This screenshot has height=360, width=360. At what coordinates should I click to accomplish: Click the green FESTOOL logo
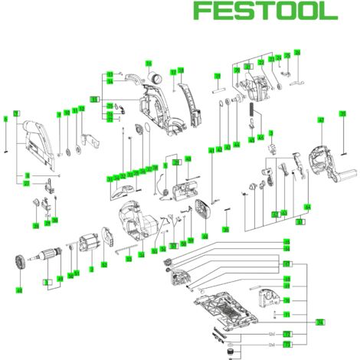pos(264,11)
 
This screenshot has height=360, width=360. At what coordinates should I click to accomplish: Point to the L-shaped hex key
pos(120,250)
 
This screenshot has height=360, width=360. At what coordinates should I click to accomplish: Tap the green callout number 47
pos(321,121)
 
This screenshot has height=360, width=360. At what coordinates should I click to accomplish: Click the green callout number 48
pos(18,291)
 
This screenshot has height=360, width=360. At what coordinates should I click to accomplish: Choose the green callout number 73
pos(286,345)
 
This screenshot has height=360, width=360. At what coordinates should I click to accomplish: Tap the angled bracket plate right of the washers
pos(92,141)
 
